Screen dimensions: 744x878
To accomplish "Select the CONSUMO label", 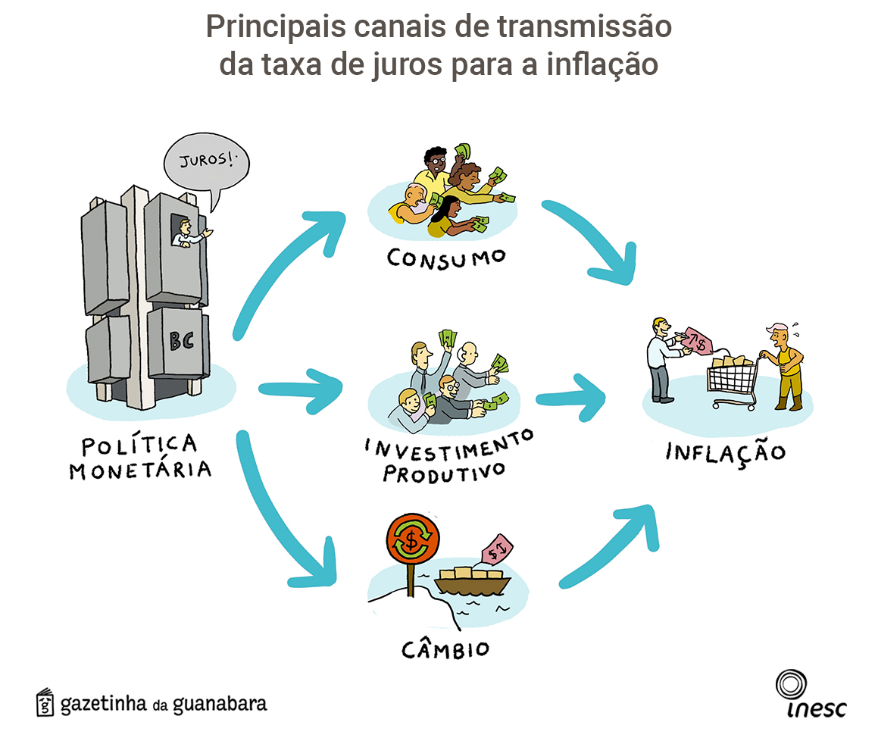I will pyautogui.click(x=446, y=256).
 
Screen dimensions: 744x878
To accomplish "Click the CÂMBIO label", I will pyautogui.click(x=445, y=649).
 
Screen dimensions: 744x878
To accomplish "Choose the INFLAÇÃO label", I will pyautogui.click(x=725, y=452).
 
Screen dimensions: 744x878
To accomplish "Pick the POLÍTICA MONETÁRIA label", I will pyautogui.click(x=140, y=457).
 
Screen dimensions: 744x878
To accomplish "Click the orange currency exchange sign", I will pyautogui.click(x=412, y=540).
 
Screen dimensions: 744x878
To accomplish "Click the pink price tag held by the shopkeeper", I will pyautogui.click(x=697, y=341).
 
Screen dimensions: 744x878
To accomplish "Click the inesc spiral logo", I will pyautogui.click(x=791, y=685).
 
